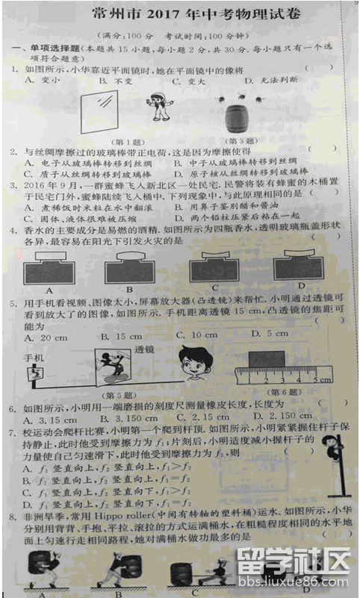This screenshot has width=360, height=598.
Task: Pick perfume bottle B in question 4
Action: [128, 267]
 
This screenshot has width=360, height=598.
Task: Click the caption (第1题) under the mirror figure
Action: [126, 141]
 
